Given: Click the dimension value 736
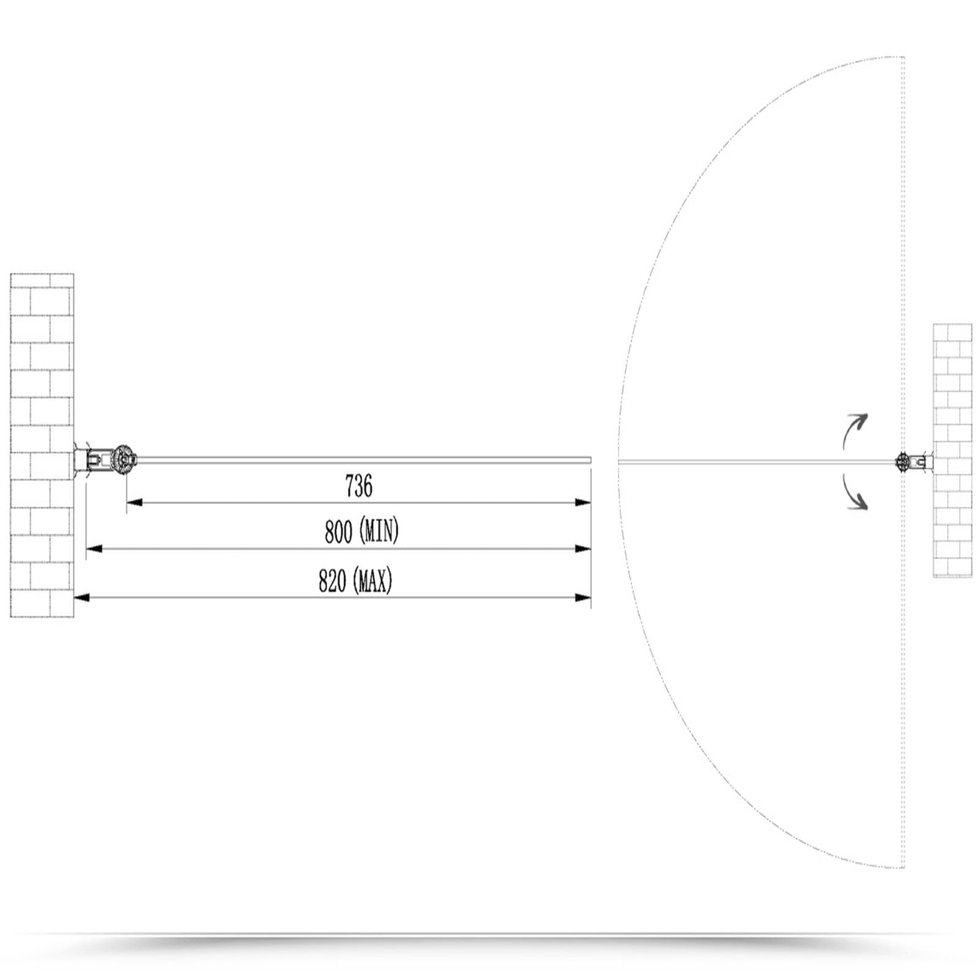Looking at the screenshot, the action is click(x=359, y=486).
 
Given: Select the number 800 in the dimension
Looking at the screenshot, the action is click(x=338, y=532).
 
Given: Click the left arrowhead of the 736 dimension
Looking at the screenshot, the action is click(x=135, y=502).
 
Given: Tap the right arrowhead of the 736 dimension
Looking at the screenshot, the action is click(x=583, y=502).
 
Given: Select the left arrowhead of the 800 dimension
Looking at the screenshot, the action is click(x=94, y=549).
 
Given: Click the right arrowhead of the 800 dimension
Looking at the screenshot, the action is click(x=583, y=549).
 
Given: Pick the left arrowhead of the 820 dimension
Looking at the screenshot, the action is click(x=82, y=597).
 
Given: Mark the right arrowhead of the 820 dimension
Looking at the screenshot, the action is click(x=583, y=597).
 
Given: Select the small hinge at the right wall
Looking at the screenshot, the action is click(x=903, y=461).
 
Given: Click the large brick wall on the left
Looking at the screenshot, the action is click(x=42, y=445).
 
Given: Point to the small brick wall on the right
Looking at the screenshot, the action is click(x=952, y=450).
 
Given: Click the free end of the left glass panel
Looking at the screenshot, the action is click(x=590, y=459).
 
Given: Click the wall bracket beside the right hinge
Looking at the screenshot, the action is click(x=922, y=461).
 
